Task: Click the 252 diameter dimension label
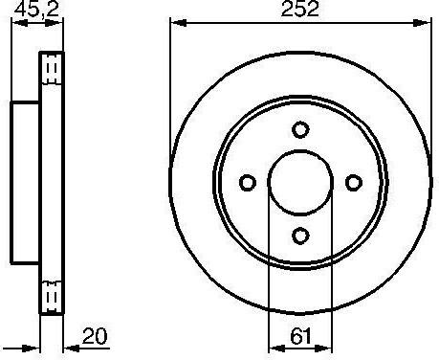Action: click(x=299, y=9)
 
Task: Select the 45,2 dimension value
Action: click(x=37, y=9)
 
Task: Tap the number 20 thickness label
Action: click(x=95, y=336)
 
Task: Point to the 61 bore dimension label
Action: click(x=300, y=336)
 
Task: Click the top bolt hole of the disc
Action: click(x=300, y=129)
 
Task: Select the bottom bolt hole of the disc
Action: click(x=300, y=236)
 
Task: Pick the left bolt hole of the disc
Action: click(x=248, y=183)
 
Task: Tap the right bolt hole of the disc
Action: click(x=354, y=183)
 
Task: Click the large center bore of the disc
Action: click(x=300, y=182)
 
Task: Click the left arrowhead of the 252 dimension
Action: click(x=179, y=23)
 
